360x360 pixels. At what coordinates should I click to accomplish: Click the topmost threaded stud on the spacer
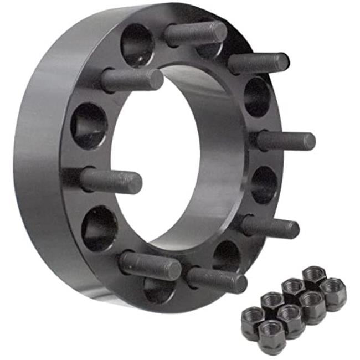(195, 33)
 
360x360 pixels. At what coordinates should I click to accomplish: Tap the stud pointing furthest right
(285, 141)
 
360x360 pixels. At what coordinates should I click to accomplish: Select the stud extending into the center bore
(111, 181)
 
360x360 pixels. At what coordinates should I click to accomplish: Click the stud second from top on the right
(258, 63)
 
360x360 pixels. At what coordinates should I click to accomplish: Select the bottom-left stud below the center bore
(150, 266)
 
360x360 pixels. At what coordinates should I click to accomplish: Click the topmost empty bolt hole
(136, 44)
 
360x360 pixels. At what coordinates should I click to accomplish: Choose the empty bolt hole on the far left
(89, 125)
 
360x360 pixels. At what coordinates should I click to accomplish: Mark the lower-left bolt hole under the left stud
(100, 227)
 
